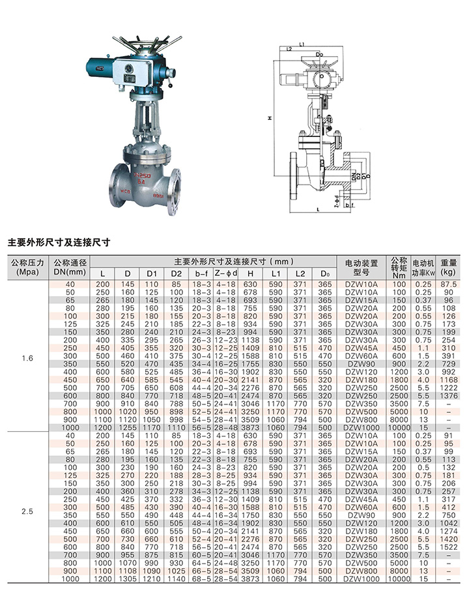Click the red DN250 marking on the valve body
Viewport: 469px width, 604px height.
tap(143, 175)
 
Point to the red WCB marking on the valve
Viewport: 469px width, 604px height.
tap(126, 191)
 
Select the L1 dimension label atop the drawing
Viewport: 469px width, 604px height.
tap(302, 44)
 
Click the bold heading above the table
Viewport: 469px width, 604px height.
tap(59, 242)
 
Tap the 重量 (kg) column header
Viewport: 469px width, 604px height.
tap(448, 267)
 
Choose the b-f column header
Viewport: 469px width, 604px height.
tap(201, 274)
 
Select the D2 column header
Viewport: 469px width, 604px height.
tap(177, 274)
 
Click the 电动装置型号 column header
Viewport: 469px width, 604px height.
tap(362, 267)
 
